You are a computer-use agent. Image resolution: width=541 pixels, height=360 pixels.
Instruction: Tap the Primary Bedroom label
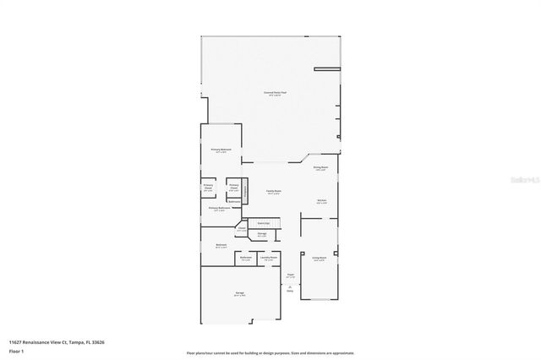pyautogui.click(x=221, y=150)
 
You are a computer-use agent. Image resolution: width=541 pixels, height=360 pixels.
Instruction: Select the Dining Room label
pyautogui.click(x=321, y=168)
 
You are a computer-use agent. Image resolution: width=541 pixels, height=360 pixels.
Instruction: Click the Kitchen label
pyautogui.click(x=322, y=201)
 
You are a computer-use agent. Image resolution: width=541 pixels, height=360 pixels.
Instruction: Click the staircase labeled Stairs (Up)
pyautogui.click(x=264, y=223)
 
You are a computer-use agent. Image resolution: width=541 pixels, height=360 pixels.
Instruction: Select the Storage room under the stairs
pyautogui.click(x=263, y=233)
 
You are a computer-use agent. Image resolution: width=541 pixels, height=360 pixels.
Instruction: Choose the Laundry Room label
pyautogui.click(x=269, y=259)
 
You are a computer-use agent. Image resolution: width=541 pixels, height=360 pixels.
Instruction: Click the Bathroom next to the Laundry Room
pyautogui.click(x=246, y=259)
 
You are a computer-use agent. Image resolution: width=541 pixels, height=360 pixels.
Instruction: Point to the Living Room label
pyautogui.click(x=319, y=259)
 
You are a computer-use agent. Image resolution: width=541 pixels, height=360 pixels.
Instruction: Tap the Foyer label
pyautogui.click(x=290, y=275)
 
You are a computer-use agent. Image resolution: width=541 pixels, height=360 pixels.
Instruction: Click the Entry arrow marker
pyautogui.click(x=290, y=289)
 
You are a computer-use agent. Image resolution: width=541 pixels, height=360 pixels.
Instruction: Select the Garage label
pyautogui.click(x=240, y=294)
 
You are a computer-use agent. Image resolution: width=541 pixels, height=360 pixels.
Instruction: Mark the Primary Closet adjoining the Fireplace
pyautogui.click(x=234, y=188)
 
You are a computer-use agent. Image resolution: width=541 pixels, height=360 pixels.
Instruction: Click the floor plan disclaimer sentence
pyautogui.click(x=270, y=352)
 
